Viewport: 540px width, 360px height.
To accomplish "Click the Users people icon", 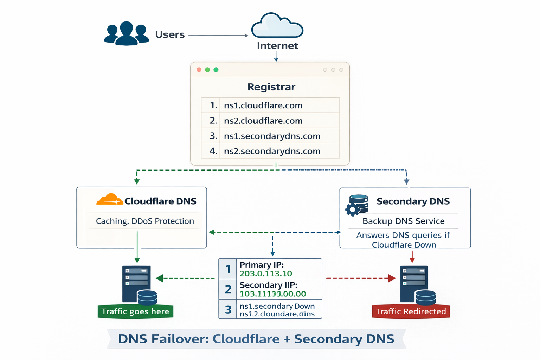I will [x=127, y=34].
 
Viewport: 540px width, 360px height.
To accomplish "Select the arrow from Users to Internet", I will [x=218, y=36].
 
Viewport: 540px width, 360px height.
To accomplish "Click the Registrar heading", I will [x=271, y=87].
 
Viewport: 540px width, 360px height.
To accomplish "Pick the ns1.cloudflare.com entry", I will [x=263, y=105].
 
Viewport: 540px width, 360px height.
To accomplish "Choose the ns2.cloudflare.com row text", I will [x=263, y=121].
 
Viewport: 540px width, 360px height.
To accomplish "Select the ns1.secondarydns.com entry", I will [x=272, y=136].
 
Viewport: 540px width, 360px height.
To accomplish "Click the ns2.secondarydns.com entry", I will [x=272, y=151].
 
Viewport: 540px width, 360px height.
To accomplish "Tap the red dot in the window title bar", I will [x=199, y=70].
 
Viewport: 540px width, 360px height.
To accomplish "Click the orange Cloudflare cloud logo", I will [x=110, y=199].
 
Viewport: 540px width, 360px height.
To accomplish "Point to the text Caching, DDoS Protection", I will [x=145, y=221].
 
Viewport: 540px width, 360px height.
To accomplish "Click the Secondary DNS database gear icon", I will [x=357, y=205].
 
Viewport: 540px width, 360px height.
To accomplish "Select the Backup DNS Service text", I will [x=403, y=221].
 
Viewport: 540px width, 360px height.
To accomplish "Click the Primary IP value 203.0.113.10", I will [x=266, y=274].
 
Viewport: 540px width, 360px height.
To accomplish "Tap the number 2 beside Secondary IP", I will [x=228, y=289].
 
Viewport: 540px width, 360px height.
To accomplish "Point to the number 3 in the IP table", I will [x=228, y=309].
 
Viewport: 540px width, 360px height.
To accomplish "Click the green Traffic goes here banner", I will [x=135, y=311].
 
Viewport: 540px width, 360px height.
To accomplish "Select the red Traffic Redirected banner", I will [x=411, y=311].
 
